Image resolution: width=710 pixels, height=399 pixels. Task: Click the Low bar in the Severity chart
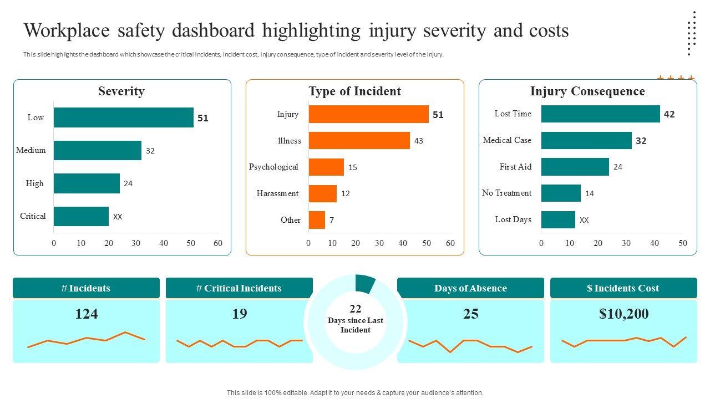pos(123,117)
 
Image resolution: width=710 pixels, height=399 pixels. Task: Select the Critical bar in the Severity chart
pos(81,217)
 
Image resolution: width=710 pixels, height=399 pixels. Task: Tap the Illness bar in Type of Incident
pos(359,141)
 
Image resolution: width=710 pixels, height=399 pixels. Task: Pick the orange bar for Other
pos(317,220)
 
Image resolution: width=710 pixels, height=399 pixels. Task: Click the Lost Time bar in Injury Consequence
pos(600,114)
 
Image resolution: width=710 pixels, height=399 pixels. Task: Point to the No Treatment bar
pos(561,193)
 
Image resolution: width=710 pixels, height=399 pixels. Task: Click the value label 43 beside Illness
pos(419,141)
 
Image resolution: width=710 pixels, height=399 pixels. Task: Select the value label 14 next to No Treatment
pos(590,194)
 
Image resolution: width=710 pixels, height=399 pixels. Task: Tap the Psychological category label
pos(273,167)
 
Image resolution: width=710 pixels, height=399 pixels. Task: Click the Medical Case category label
pos(507,140)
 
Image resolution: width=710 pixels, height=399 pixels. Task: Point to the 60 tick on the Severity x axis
pos(218,243)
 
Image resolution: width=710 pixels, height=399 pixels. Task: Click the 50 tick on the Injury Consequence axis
pos(683,243)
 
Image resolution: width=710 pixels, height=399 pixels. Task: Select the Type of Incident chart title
pos(354,91)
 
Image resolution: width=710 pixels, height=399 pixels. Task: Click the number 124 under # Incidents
pos(86,314)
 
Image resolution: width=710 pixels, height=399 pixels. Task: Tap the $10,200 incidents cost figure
pos(623,314)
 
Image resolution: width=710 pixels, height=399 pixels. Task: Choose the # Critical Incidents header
pos(239,288)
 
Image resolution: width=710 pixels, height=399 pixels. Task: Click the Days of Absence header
pos(470,288)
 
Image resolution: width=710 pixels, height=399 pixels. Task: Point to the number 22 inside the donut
pos(355,309)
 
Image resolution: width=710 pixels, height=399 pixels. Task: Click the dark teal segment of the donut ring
pos(365,284)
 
